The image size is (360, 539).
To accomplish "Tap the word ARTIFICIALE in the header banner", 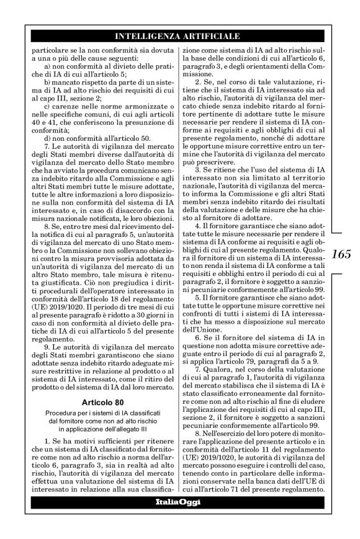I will [209, 37].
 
